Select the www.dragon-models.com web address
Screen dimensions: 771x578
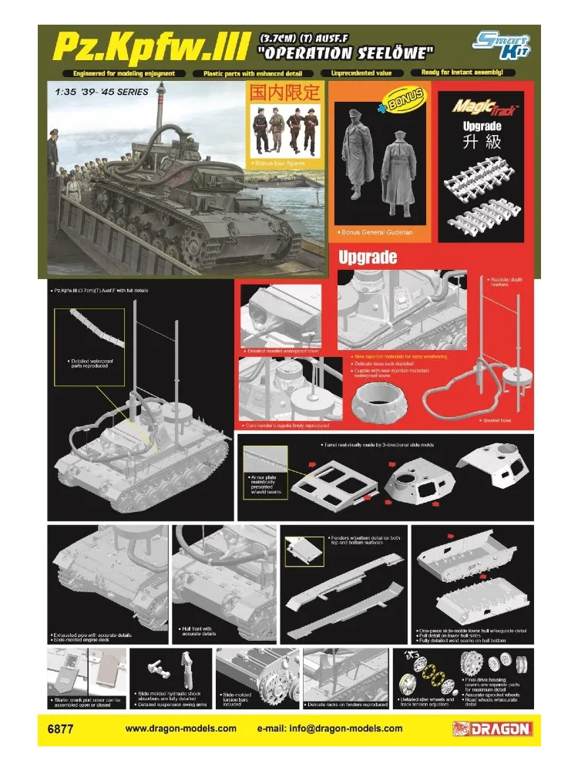tap(180, 729)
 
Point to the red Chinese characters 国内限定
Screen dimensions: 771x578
tap(284, 93)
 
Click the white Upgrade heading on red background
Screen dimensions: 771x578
tap(368, 258)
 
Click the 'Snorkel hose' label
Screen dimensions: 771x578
tap(488, 420)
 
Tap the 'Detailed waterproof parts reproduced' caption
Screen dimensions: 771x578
tap(86, 363)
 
